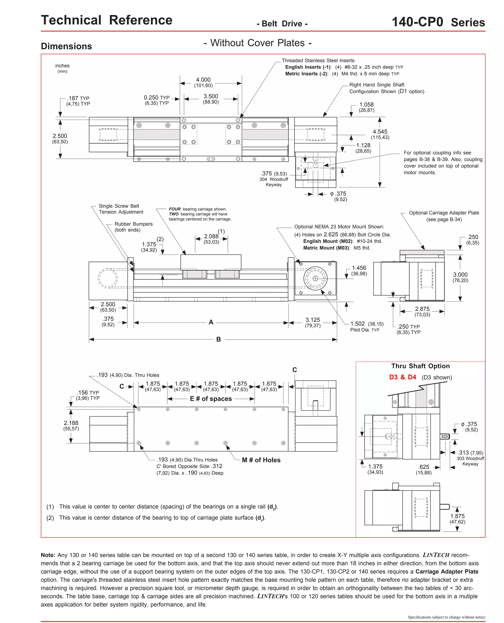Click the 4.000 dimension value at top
pos(203,80)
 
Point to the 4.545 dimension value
pos(380,132)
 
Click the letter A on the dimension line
pos(211,322)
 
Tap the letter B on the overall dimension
pos(219,339)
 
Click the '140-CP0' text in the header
pos(417,22)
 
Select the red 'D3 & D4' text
pos(402,377)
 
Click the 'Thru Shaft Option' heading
pos(420,366)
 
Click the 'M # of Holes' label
pos(261,460)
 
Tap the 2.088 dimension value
pos(211,236)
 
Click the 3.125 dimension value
pos(313,320)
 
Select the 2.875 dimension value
pos(422,309)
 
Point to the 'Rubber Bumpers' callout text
pos(134,224)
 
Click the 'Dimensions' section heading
pos(66,46)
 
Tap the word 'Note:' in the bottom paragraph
pos(48,555)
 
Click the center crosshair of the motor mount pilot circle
pos(315,279)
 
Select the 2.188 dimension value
pos(71,423)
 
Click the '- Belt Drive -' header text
pos(282,24)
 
